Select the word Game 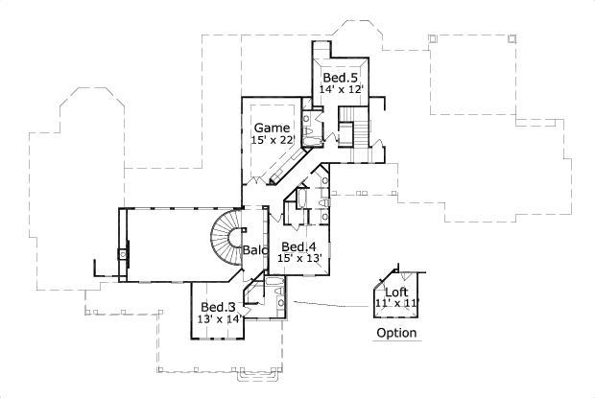[x=271, y=128]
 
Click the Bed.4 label [x=297, y=246]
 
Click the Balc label [x=254, y=250]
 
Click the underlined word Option [x=396, y=334]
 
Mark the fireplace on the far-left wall [x=121, y=255]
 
